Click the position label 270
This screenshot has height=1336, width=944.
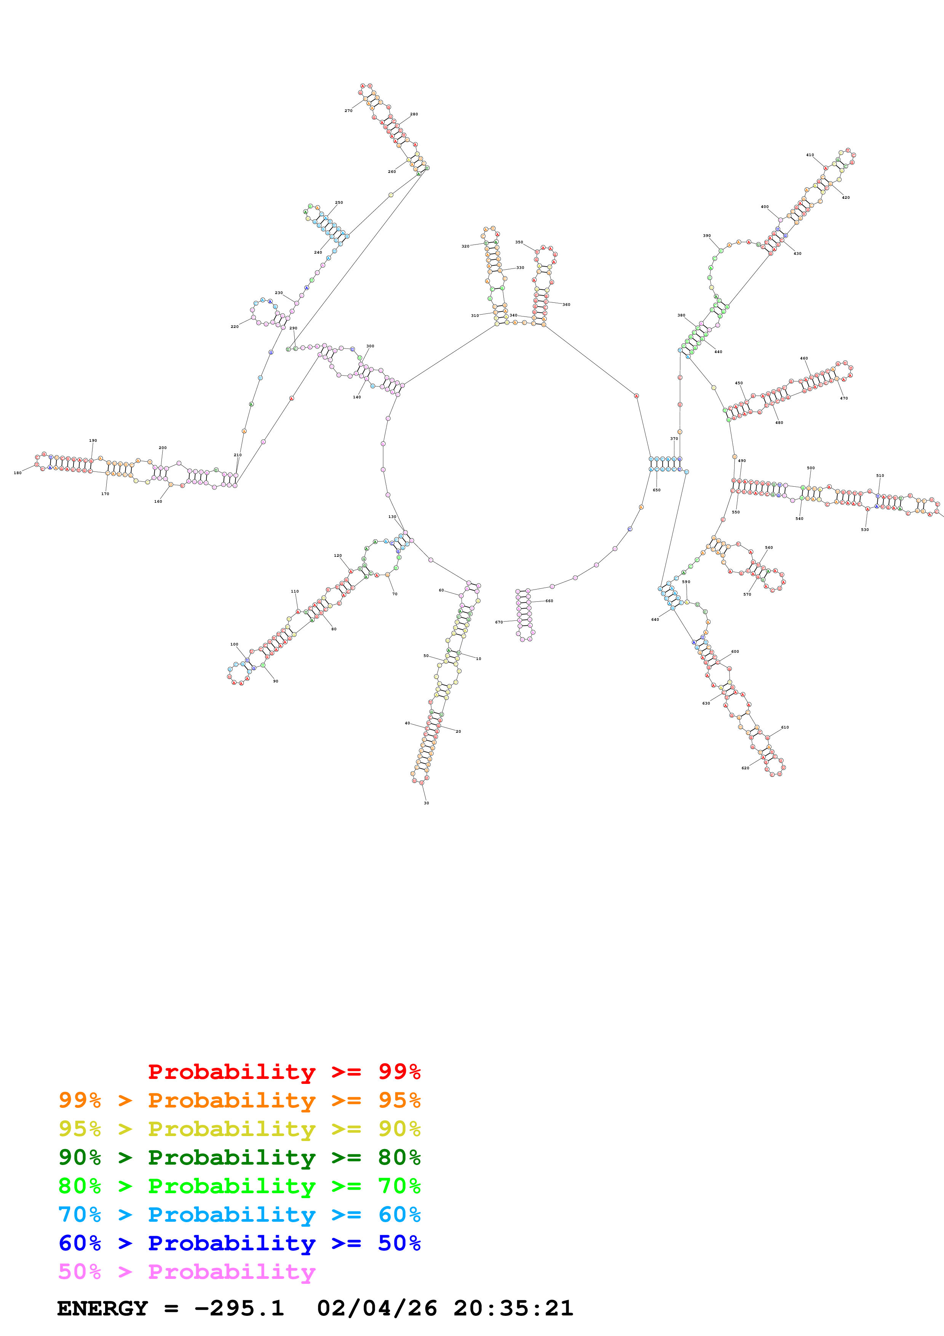tap(348, 110)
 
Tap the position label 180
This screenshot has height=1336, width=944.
tap(18, 473)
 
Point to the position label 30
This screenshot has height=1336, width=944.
tap(426, 803)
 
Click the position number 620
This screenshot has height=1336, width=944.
tap(745, 768)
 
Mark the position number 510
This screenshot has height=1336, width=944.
tap(880, 475)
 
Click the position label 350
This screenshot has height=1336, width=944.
tap(519, 242)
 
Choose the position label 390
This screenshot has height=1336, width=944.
tap(707, 236)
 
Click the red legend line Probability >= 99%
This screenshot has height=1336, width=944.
tap(284, 1072)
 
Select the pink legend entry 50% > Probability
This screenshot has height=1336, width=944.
tap(187, 1272)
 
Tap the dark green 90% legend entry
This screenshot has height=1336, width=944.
tap(239, 1157)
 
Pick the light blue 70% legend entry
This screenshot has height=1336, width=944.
tap(239, 1215)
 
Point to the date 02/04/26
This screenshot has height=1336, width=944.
tap(377, 1309)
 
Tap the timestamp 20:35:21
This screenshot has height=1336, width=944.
tap(514, 1309)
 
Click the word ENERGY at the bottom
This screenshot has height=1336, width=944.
tap(102, 1309)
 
